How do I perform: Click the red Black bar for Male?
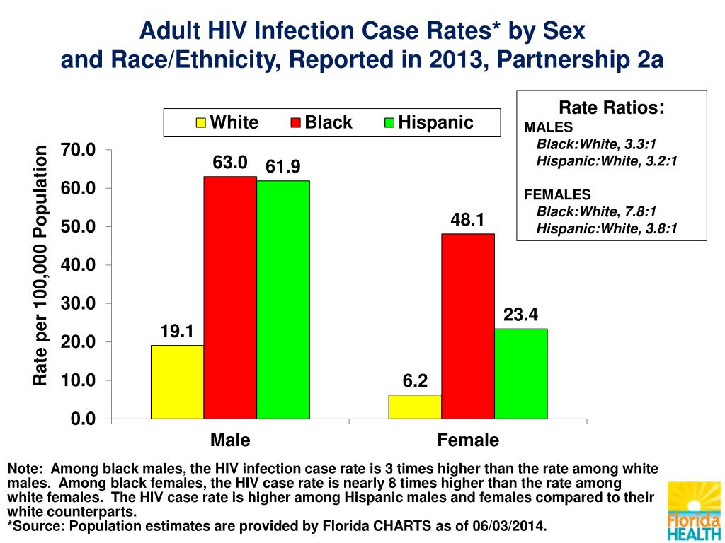[230, 297]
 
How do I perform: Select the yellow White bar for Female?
[415, 407]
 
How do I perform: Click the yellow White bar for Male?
[177, 382]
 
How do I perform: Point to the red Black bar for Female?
[468, 326]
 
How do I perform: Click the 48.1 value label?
[467, 221]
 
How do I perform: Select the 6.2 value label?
[415, 382]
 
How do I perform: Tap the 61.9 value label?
[283, 167]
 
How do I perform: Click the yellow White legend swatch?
[201, 123]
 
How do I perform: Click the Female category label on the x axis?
[468, 440]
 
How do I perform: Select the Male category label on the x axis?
[230, 440]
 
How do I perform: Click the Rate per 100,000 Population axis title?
[40, 266]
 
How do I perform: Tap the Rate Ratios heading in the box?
[611, 107]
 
